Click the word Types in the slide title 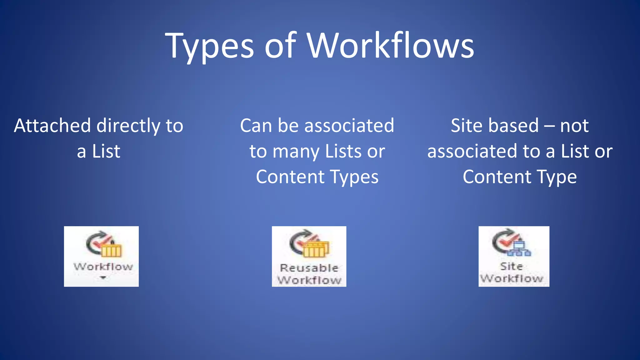tap(209, 46)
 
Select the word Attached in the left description tap(52, 126)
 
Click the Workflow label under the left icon tap(103, 267)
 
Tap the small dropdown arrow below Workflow tap(103, 277)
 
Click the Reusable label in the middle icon tap(309, 268)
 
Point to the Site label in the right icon tap(512, 266)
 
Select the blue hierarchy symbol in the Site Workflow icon tap(519, 249)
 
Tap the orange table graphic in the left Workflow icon tap(111, 250)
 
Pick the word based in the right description tap(512, 126)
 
